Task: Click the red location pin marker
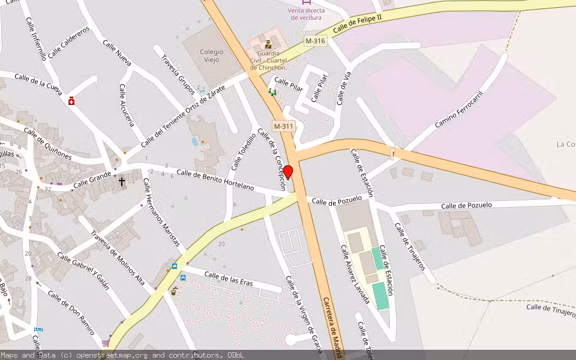[x=288, y=172]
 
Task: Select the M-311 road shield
[x=283, y=126]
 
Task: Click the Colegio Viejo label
[x=211, y=56]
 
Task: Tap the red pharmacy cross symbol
[x=71, y=101]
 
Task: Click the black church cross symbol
[x=122, y=181]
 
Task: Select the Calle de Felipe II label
[x=357, y=25]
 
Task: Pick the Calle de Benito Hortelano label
[x=215, y=181]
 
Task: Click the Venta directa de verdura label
[x=306, y=14]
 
